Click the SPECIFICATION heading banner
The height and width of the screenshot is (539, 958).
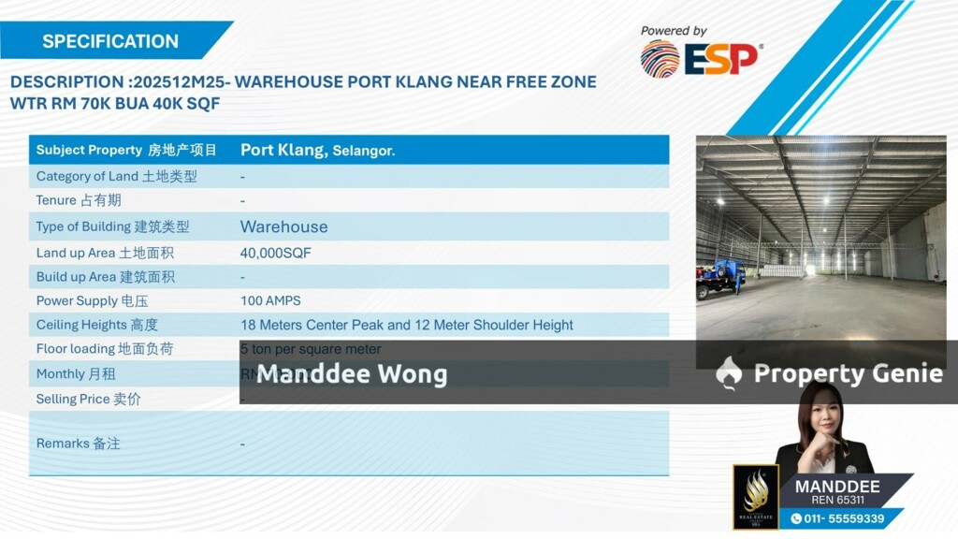pyautogui.click(x=110, y=41)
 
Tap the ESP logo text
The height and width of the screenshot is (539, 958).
pyautogui.click(x=721, y=60)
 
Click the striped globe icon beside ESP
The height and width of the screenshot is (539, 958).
pyautogui.click(x=660, y=59)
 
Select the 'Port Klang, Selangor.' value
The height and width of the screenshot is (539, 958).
pyautogui.click(x=317, y=150)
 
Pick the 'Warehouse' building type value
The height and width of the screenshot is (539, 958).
pyautogui.click(x=283, y=226)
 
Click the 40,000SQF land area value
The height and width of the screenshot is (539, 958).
pyautogui.click(x=275, y=253)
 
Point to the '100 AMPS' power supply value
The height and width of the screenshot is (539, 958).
pyautogui.click(x=270, y=301)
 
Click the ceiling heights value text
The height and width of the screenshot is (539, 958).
pyautogui.click(x=406, y=325)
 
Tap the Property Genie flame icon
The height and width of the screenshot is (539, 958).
pyautogui.click(x=729, y=373)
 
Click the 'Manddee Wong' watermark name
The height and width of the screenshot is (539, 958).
pyautogui.click(x=352, y=374)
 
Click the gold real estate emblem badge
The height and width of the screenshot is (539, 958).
pyautogui.click(x=755, y=497)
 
